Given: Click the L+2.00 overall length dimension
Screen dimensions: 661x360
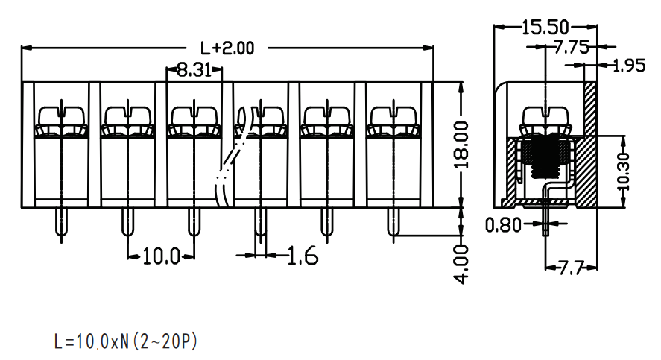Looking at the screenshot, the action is pos(227,48).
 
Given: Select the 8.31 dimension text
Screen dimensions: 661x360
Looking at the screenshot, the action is pos(194,69).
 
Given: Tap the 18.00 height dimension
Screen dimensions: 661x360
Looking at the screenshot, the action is pos(462,145).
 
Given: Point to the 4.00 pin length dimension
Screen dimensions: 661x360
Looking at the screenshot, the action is pos(462,265).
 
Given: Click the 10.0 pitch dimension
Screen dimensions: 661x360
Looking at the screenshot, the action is pos(162,256).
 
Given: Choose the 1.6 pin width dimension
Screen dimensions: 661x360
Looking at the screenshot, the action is pos(303,256).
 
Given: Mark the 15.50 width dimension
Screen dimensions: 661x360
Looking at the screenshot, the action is pos(545,28).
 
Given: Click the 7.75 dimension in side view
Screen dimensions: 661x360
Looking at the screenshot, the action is pos(571,47).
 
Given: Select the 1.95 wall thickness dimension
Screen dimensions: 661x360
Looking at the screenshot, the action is pos(628,66).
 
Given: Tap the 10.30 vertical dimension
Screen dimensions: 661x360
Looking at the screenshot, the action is pos(623,171).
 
